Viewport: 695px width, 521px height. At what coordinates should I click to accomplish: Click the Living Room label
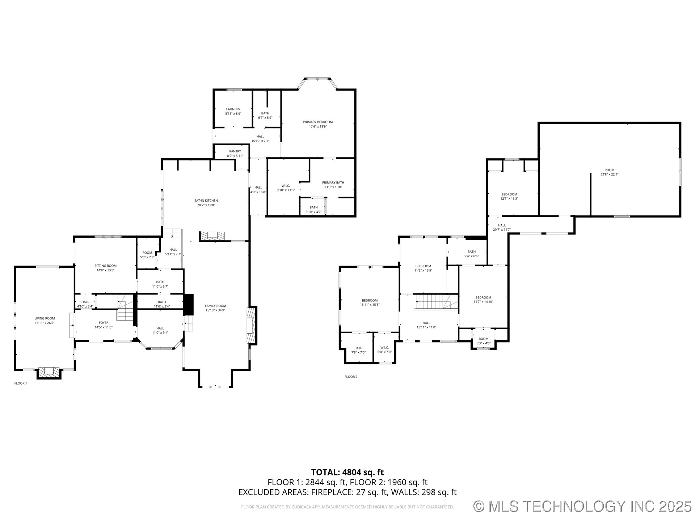tap(45, 318)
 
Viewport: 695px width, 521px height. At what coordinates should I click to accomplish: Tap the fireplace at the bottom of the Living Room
tap(49, 372)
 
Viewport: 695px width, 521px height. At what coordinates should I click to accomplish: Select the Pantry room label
tap(235, 151)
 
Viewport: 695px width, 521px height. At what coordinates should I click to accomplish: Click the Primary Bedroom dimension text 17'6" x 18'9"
tap(318, 127)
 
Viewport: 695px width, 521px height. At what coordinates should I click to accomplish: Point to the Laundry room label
tap(233, 109)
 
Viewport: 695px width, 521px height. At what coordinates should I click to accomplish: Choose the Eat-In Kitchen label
tap(206, 200)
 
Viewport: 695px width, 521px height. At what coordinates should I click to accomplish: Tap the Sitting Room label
tap(105, 266)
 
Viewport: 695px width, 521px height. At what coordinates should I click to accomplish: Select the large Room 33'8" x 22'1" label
tap(609, 170)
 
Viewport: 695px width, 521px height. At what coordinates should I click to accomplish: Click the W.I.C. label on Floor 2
tap(384, 347)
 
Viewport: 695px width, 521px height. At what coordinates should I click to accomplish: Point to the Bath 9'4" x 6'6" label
tap(471, 251)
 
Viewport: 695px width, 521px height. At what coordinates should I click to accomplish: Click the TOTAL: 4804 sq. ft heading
tap(347, 472)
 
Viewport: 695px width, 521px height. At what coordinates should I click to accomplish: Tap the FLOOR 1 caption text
tap(21, 383)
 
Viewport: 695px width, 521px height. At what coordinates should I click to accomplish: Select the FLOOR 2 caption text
tap(351, 377)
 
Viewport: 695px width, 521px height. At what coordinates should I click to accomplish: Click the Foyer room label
tap(104, 323)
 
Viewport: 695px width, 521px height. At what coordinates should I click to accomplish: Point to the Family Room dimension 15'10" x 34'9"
tap(215, 310)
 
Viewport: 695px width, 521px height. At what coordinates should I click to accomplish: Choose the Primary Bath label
tap(333, 182)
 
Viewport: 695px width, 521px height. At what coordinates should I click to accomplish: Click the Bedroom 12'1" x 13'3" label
tap(509, 194)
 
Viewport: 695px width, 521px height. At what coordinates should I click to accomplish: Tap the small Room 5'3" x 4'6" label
tap(483, 339)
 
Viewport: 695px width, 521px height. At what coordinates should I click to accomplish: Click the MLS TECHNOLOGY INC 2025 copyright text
tap(582, 506)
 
